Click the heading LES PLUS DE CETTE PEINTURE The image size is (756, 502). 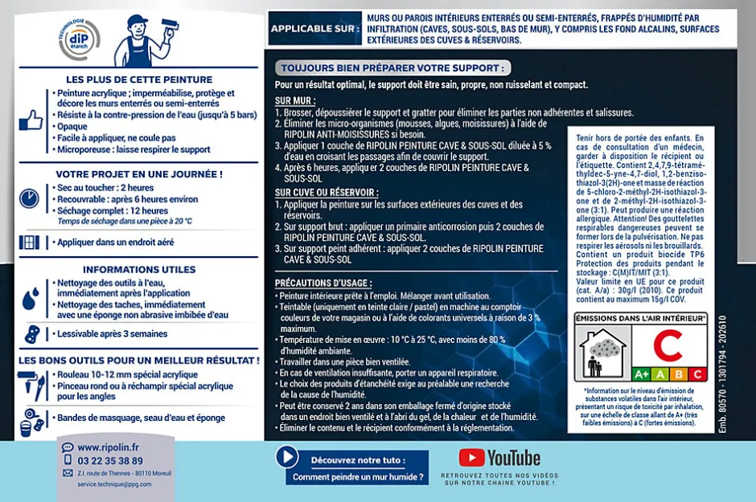click(x=139, y=80)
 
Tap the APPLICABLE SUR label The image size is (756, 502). click(x=314, y=29)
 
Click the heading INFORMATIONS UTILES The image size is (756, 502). click(x=139, y=270)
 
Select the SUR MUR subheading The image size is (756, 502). click(x=295, y=101)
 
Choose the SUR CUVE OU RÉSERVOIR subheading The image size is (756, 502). click(x=327, y=193)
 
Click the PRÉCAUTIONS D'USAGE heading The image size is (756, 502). click(x=323, y=284)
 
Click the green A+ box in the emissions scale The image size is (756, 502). click(x=642, y=373)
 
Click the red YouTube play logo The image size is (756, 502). click(x=471, y=457)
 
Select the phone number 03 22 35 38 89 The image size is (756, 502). click(x=110, y=461)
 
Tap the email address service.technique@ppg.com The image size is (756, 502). click(x=113, y=485)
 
